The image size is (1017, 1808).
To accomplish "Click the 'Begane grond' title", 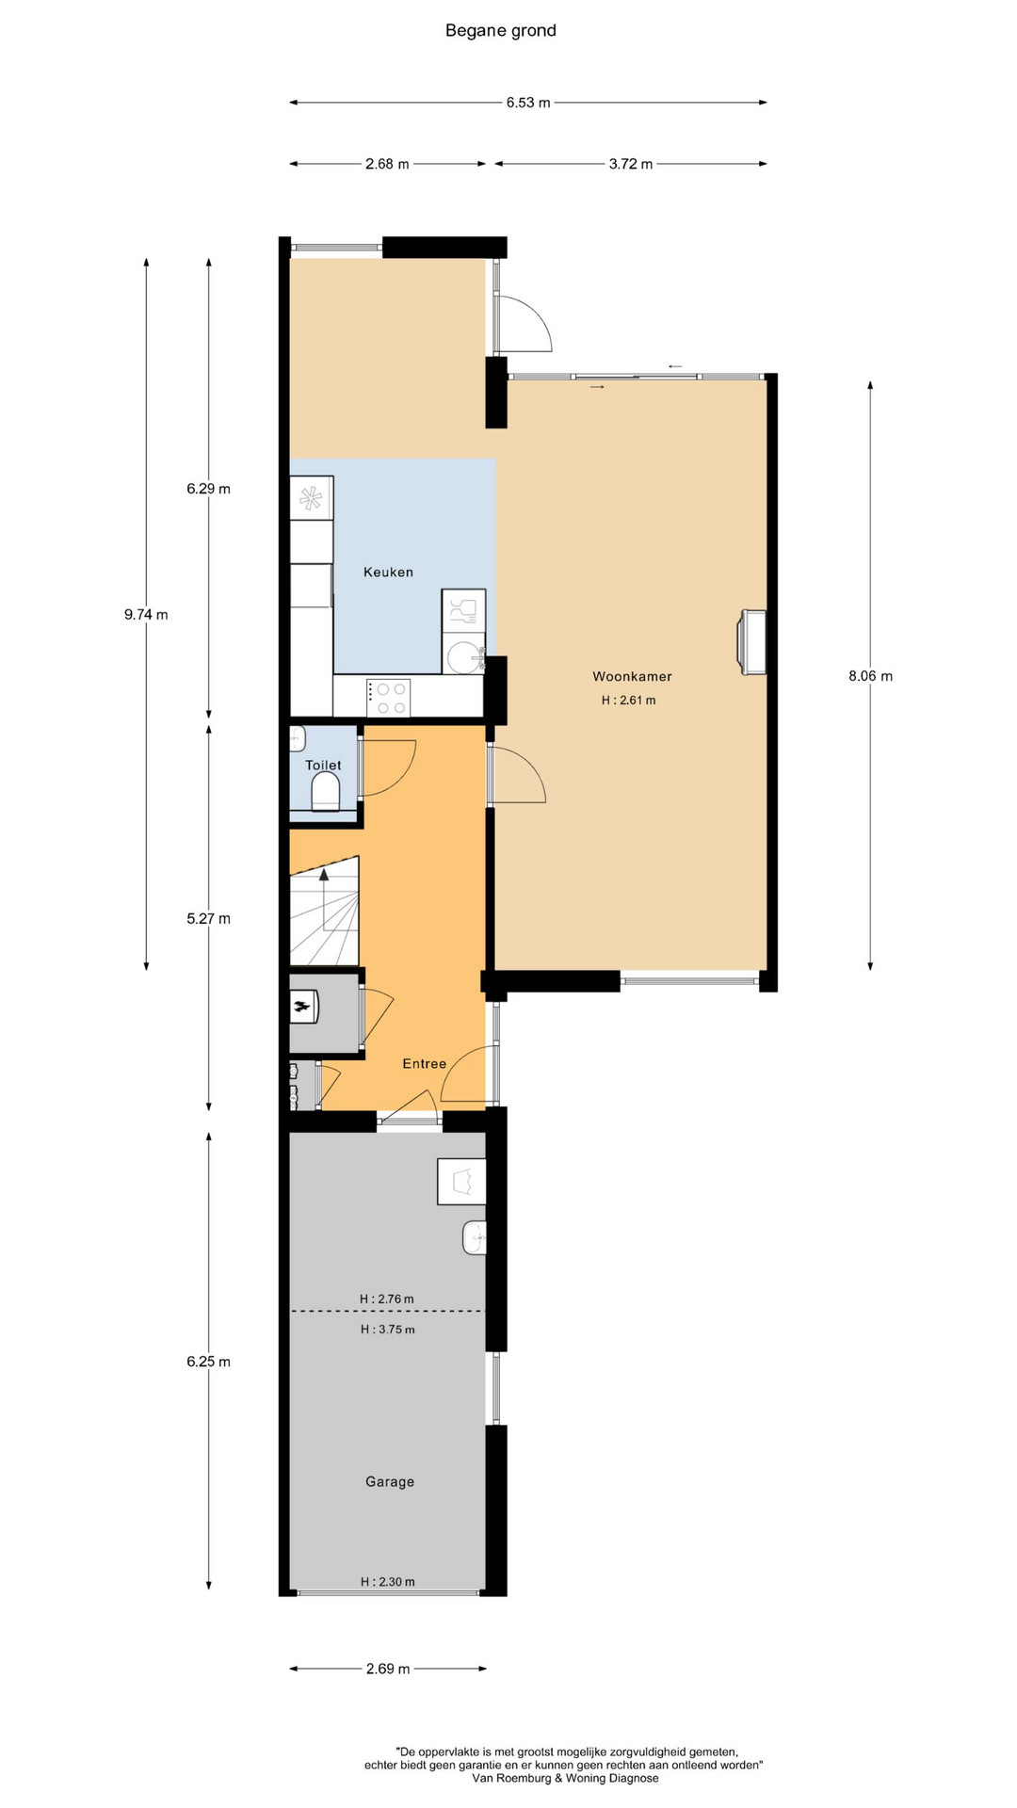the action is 500,31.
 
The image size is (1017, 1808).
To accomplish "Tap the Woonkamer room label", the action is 632,676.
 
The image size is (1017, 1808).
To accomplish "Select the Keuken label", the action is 388,572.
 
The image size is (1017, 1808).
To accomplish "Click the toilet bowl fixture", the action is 326,792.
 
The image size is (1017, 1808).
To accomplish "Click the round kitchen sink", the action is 464,656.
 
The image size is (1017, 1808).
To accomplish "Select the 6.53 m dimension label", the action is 528,103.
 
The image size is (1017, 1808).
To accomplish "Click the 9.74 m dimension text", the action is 146,615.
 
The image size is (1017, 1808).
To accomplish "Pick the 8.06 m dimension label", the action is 870,676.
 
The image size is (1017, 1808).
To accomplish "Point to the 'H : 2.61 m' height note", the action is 628,701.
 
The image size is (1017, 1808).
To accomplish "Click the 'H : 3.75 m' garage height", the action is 387,1330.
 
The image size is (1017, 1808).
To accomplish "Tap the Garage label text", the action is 390,1482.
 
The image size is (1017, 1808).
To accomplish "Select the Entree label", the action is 425,1064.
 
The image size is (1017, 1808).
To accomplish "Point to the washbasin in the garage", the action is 475,1237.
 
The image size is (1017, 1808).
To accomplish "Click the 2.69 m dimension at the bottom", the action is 388,1669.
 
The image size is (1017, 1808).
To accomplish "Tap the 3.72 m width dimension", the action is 631,164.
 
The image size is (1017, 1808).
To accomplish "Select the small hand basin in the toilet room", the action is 298,739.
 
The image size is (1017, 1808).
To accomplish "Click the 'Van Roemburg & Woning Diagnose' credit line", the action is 565,1779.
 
